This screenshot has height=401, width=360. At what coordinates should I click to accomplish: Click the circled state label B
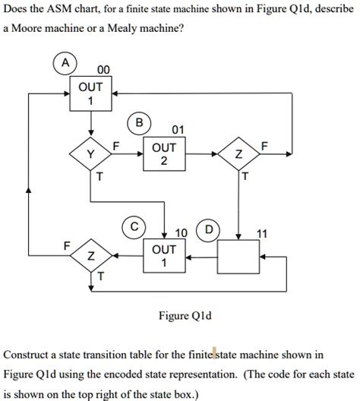[x=139, y=123]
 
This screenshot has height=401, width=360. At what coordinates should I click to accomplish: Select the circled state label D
[x=207, y=229]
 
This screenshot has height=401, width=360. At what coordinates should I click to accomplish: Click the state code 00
[x=102, y=71]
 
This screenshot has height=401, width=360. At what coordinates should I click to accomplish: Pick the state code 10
[x=182, y=232]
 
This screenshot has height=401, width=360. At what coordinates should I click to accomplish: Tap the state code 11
[x=262, y=232]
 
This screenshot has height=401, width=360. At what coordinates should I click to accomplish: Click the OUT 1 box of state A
[x=91, y=94]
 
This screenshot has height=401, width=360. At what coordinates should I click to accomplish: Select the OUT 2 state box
[x=164, y=154]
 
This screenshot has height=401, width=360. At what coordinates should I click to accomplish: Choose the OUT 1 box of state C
[x=164, y=256]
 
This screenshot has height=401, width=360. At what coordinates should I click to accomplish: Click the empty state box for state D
[x=239, y=256]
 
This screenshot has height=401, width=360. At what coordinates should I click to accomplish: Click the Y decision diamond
[x=91, y=155]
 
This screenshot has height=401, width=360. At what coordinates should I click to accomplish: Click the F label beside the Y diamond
[x=116, y=144]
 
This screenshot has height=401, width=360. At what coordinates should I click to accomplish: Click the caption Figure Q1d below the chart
[x=179, y=314]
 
